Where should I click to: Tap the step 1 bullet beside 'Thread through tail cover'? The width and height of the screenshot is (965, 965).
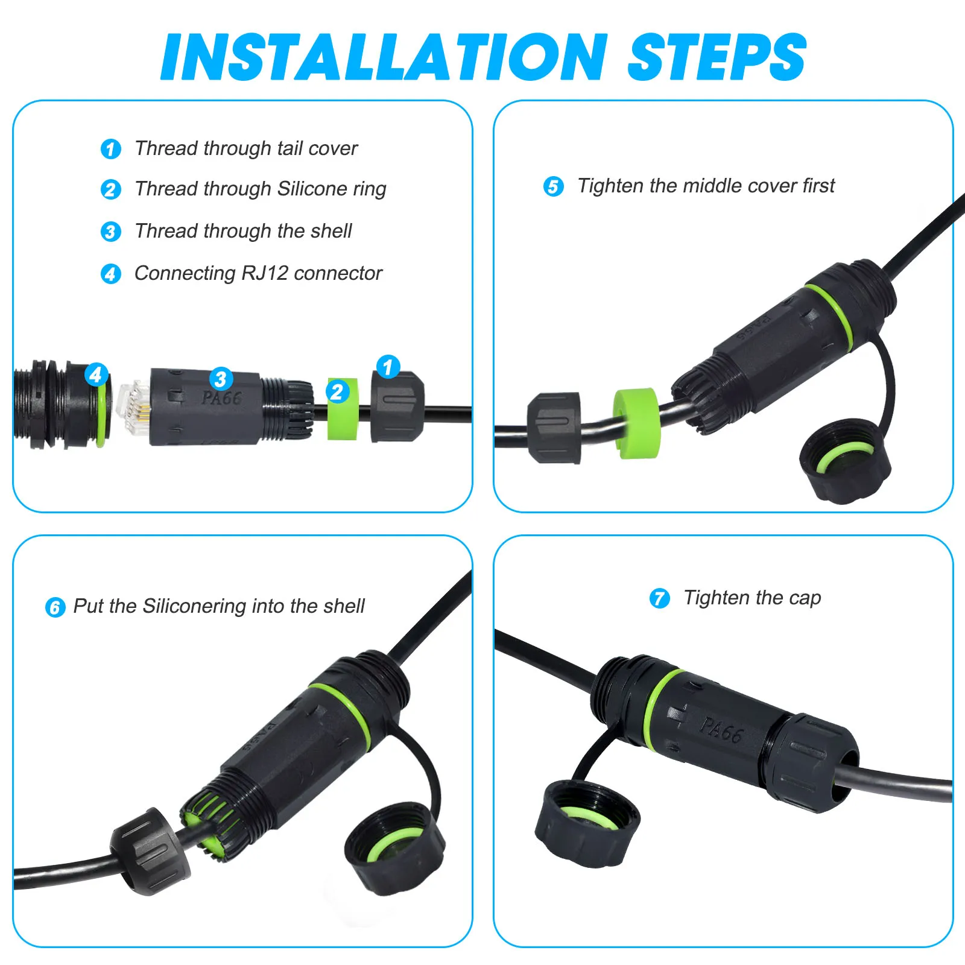111,149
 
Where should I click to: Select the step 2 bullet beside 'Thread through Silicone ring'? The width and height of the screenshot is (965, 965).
111,189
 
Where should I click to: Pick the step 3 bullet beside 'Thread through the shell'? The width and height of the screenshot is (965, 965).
111,232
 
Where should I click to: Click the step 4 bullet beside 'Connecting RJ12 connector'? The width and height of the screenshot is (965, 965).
111,274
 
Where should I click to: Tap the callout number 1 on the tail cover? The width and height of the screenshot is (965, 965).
388,367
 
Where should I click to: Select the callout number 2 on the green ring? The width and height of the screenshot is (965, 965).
338,392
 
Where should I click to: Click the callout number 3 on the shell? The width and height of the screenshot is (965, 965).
221,379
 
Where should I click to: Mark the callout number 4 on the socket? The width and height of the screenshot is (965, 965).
96,375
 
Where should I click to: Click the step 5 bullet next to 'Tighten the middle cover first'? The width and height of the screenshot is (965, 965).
554,186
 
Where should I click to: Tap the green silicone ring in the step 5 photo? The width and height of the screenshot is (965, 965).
636,423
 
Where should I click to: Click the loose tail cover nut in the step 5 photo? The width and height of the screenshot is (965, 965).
554,428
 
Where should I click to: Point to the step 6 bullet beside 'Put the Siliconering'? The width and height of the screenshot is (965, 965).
55,607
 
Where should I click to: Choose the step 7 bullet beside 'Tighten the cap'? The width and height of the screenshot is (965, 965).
660,598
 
